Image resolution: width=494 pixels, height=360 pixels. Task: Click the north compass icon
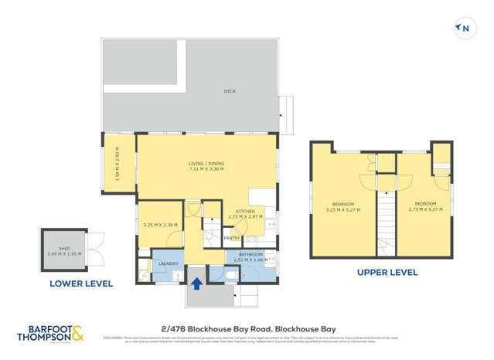click(464, 29)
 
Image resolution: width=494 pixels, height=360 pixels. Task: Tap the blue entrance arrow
click(196, 283)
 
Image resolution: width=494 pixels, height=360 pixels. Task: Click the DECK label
click(230, 91)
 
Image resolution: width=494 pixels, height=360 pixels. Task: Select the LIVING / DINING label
click(206, 163)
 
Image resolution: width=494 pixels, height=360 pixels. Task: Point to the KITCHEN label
click(245, 211)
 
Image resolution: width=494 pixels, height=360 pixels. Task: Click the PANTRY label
click(232, 238)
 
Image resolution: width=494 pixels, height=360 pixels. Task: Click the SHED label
click(64, 248)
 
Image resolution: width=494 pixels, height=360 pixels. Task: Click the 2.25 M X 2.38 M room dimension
click(160, 225)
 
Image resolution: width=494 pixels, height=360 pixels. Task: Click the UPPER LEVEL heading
click(387, 272)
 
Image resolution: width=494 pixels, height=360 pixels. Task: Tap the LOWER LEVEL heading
click(81, 284)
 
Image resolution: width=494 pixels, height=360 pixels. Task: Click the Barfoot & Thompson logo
click(51, 333)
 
